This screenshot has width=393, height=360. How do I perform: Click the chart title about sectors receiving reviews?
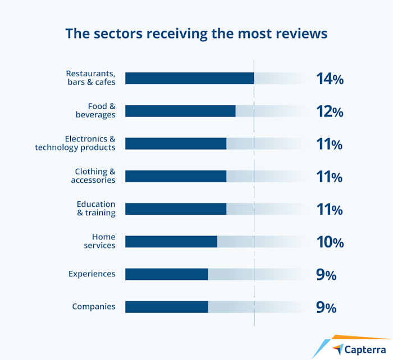196,33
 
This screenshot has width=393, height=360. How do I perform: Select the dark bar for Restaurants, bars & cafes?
189,79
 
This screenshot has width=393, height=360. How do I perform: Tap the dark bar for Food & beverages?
180,111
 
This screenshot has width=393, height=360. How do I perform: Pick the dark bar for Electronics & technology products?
176,144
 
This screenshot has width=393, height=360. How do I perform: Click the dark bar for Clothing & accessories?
176,176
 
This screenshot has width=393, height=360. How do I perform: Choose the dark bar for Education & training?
176,209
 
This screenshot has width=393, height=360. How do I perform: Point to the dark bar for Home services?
171,242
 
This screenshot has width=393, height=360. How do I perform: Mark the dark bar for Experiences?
166,274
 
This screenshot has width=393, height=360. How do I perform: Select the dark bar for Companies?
166,307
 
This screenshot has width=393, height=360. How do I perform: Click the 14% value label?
330,79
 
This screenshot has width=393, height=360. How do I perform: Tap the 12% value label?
330,112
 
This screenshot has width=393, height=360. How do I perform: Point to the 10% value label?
330,243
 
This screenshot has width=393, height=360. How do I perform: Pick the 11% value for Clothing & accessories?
330,177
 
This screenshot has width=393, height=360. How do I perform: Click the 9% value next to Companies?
326,308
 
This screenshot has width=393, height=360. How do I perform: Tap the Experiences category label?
92,274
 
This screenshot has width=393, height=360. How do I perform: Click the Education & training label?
96,209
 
